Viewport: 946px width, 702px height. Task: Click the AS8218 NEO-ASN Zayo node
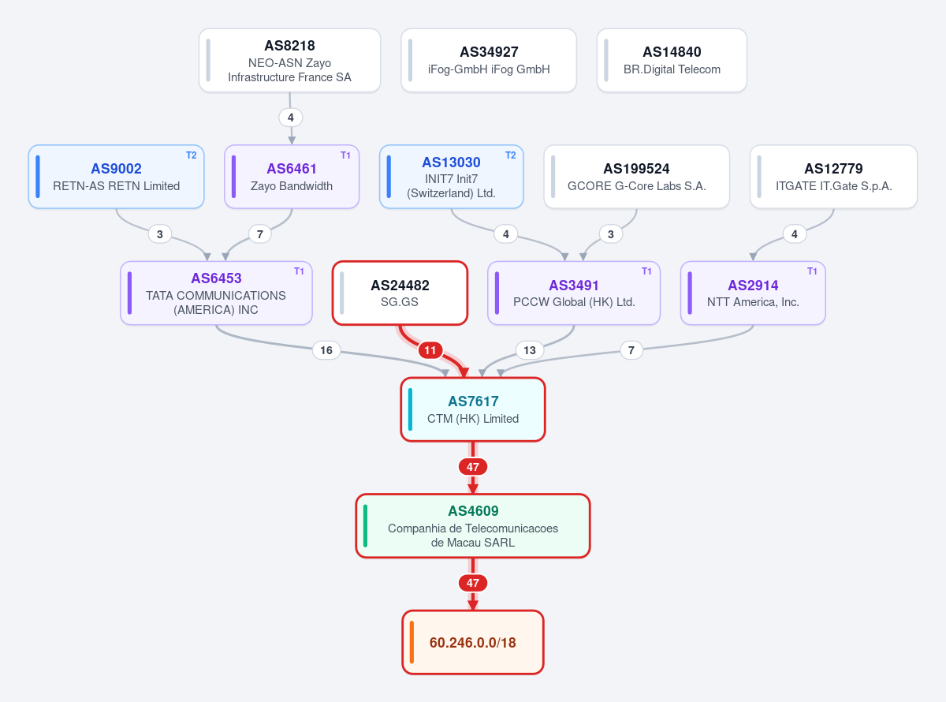click(x=289, y=60)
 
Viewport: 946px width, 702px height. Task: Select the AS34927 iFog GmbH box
click(x=489, y=60)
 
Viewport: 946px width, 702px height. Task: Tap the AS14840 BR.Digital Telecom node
click(x=672, y=60)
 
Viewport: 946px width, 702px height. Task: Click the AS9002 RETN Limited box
click(x=117, y=177)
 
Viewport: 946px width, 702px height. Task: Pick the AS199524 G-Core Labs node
click(x=637, y=177)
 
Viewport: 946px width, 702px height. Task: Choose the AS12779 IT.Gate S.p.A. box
click(x=833, y=177)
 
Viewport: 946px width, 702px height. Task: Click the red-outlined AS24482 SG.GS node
click(x=400, y=293)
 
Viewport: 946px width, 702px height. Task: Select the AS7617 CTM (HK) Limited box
click(x=473, y=409)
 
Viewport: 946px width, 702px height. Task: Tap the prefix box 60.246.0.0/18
click(x=473, y=642)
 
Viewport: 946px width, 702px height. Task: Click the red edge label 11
click(x=430, y=350)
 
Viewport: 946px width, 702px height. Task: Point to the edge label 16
click(x=326, y=350)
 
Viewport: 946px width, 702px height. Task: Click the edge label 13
click(x=530, y=350)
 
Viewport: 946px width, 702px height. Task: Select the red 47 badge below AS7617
click(x=473, y=467)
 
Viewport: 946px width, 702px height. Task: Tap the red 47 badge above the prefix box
click(x=473, y=583)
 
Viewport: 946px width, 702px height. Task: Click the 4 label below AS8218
click(x=291, y=118)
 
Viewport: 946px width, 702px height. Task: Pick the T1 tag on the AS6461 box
click(x=345, y=155)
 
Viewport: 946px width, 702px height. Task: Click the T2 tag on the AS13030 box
click(x=511, y=155)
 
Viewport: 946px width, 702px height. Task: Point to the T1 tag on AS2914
click(x=812, y=271)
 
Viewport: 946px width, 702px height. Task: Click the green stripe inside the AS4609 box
click(x=366, y=526)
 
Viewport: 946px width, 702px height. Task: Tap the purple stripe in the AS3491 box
click(x=497, y=293)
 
